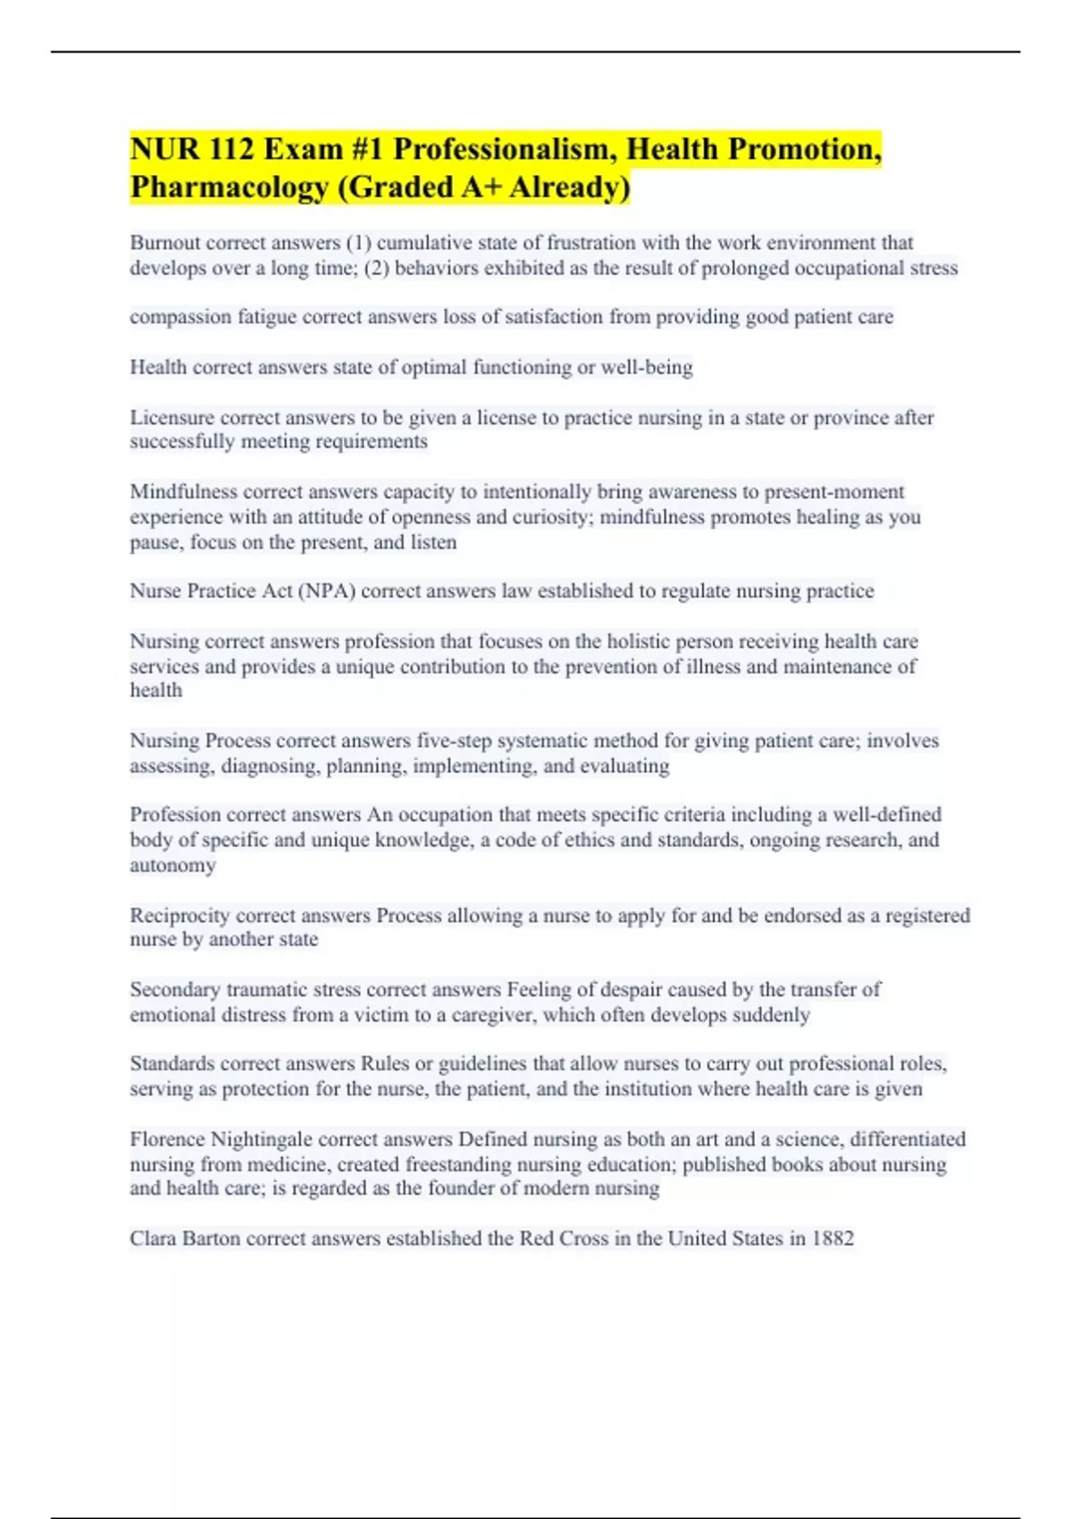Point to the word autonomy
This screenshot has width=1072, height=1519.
point(172,866)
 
